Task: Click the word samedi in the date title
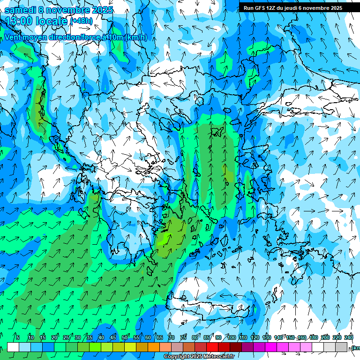(x=20, y=10)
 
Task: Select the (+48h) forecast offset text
(x=81, y=21)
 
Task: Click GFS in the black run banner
(x=262, y=8)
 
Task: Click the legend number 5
(x=18, y=337)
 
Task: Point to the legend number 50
(x=125, y=337)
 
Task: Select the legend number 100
(x=232, y=337)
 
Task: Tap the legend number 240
(x=348, y=337)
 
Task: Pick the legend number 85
(x=207, y=337)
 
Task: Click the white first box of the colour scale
(x=13, y=347)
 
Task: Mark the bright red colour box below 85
(x=212, y=347)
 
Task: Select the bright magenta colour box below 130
(x=271, y=347)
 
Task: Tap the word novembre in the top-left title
(x=69, y=10)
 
